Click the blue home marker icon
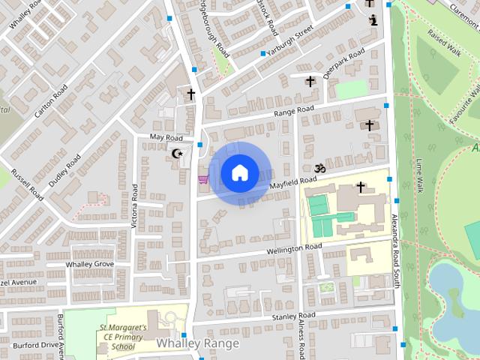point(239,172)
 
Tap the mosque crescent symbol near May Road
point(178,154)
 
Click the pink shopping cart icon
point(203,178)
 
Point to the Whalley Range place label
point(198,343)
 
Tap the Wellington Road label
point(296,248)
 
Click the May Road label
point(166,138)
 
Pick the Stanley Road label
point(295,316)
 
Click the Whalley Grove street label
point(90,265)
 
